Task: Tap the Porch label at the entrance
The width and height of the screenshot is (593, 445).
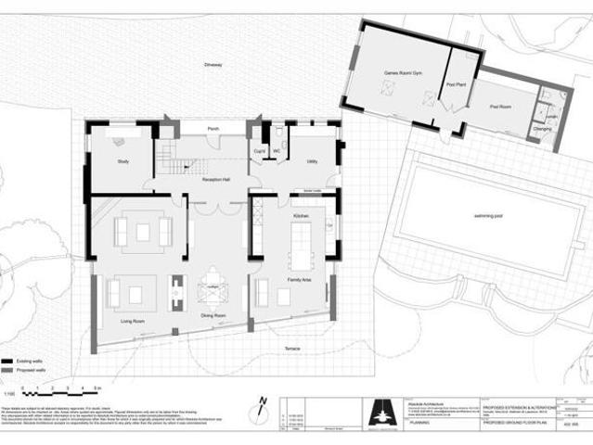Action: pyautogui.click(x=213, y=129)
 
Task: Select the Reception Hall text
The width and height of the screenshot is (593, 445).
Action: pyautogui.click(x=215, y=180)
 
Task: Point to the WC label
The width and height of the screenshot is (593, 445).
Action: pyautogui.click(x=277, y=150)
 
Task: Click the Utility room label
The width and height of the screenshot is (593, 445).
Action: pyautogui.click(x=313, y=162)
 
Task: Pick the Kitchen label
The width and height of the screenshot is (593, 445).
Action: pyautogui.click(x=301, y=215)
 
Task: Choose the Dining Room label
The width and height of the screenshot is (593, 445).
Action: pyautogui.click(x=214, y=316)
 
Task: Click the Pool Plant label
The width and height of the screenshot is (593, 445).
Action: pyautogui.click(x=456, y=83)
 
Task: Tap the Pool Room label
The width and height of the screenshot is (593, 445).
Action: pyautogui.click(x=500, y=107)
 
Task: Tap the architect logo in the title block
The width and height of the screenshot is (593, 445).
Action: pyautogui.click(x=380, y=408)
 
